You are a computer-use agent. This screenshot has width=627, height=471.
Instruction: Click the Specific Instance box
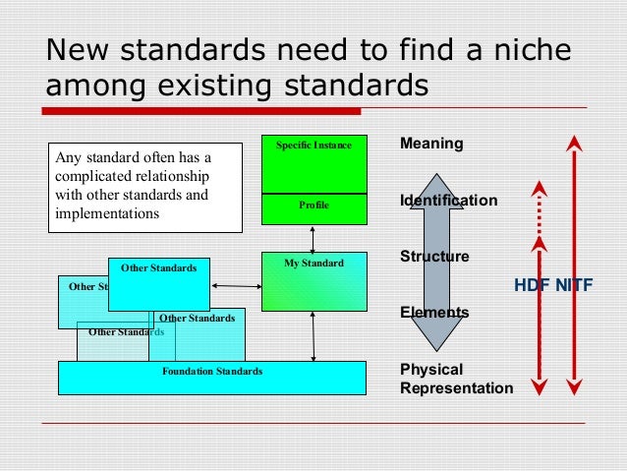click(313, 163)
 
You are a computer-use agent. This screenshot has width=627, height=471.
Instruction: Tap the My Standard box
click(313, 281)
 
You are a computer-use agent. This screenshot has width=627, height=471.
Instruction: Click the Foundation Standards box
click(211, 378)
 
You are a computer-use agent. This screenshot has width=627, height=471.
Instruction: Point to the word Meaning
click(431, 144)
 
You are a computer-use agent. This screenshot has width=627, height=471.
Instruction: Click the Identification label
click(448, 201)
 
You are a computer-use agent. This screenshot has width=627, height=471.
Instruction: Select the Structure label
click(434, 257)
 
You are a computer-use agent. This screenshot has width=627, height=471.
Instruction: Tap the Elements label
click(433, 313)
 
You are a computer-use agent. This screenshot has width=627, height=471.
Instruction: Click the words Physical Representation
click(456, 379)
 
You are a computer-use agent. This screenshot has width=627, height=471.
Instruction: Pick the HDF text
click(532, 286)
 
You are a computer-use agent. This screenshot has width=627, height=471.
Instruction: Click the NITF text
click(575, 286)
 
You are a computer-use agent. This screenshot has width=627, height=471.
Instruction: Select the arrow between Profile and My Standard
click(313, 238)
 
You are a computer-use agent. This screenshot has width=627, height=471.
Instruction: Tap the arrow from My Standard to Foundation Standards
click(313, 336)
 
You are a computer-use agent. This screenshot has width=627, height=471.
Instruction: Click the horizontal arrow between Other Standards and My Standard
click(235, 286)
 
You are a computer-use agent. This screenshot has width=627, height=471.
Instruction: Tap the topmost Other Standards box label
click(158, 267)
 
